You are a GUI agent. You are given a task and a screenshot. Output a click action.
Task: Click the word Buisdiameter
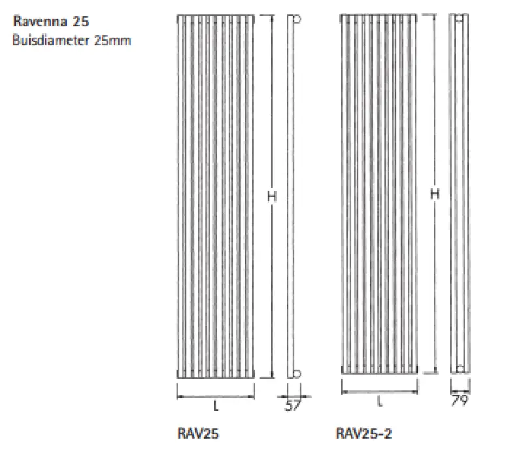pyautogui.click(x=44, y=41)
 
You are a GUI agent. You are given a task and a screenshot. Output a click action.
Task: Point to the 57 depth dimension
pyautogui.click(x=293, y=405)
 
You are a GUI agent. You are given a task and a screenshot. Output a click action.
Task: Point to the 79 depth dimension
pyautogui.click(x=460, y=401)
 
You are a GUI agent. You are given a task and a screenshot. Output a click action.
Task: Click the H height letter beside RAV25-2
pyautogui.click(x=434, y=194)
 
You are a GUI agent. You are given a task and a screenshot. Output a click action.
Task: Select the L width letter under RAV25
pyautogui.click(x=216, y=405)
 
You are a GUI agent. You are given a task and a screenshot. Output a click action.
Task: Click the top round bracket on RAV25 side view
pyautogui.click(x=296, y=19)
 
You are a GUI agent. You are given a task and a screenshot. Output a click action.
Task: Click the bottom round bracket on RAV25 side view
pyautogui.click(x=296, y=374)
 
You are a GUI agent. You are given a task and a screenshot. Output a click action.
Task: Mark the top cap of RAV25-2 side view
pyautogui.click(x=460, y=16)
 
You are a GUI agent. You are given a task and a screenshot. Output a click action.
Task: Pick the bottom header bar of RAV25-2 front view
pyautogui.click(x=379, y=370)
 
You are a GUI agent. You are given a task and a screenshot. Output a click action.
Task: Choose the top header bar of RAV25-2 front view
pyautogui.click(x=379, y=16)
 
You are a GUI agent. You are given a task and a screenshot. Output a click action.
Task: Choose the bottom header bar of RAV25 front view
pyautogui.click(x=215, y=375)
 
